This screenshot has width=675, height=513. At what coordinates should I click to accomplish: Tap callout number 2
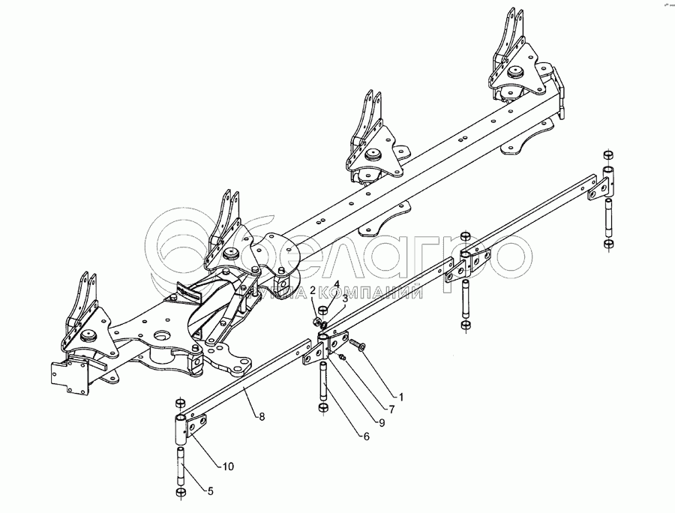(313, 301)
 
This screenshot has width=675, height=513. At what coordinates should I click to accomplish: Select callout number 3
(345, 299)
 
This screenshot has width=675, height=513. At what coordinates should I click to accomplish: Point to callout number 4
(337, 285)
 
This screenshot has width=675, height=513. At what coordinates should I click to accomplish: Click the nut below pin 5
(181, 492)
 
